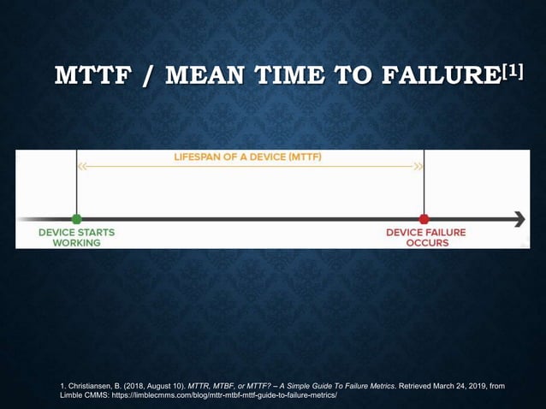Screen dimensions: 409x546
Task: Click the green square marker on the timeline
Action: click(x=76, y=219)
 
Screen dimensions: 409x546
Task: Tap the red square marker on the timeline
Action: click(x=424, y=219)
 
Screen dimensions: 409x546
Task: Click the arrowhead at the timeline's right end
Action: click(x=518, y=219)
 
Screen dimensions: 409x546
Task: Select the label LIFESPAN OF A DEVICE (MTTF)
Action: click(x=248, y=157)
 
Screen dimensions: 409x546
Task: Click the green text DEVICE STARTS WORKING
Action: click(x=76, y=237)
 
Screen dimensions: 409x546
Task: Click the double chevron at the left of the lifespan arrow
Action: click(x=83, y=168)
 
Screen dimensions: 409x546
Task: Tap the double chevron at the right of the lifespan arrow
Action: click(x=418, y=168)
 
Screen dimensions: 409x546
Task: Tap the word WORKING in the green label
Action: click(x=76, y=243)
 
